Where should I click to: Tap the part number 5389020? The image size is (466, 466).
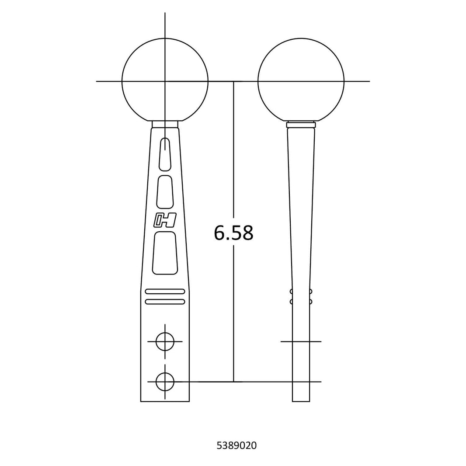[236, 445]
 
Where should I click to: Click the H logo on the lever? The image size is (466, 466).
[165, 220]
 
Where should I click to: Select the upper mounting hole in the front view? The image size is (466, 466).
[165, 341]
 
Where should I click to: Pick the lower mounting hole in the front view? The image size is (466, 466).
[165, 382]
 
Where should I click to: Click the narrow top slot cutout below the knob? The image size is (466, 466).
[165, 154]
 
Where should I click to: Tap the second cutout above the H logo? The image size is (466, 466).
[165, 192]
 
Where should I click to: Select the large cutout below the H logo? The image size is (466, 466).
[165, 253]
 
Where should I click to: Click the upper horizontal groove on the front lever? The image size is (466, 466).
[165, 291]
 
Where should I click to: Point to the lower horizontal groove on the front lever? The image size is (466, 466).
[165, 302]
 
